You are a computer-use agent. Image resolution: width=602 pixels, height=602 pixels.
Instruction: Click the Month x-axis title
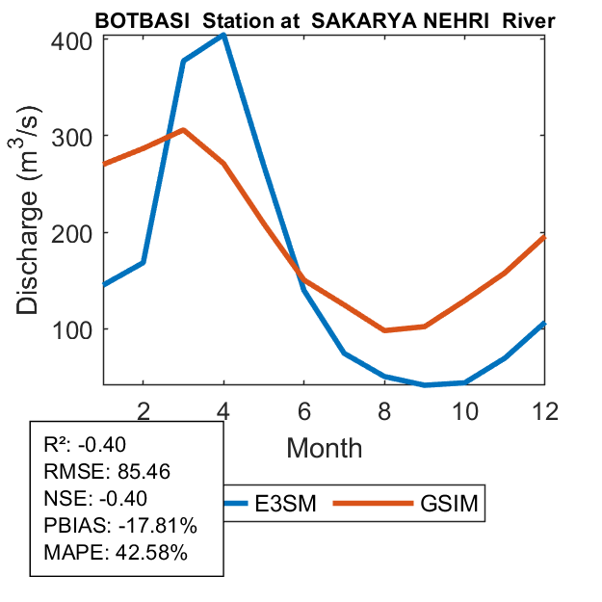[x=324, y=448]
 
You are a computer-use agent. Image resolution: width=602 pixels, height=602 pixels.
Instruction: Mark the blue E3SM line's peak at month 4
[x=223, y=35]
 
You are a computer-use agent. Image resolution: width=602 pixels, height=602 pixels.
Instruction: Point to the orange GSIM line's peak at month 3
[x=183, y=130]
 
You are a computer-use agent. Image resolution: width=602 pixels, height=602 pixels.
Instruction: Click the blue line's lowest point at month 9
[x=425, y=385]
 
